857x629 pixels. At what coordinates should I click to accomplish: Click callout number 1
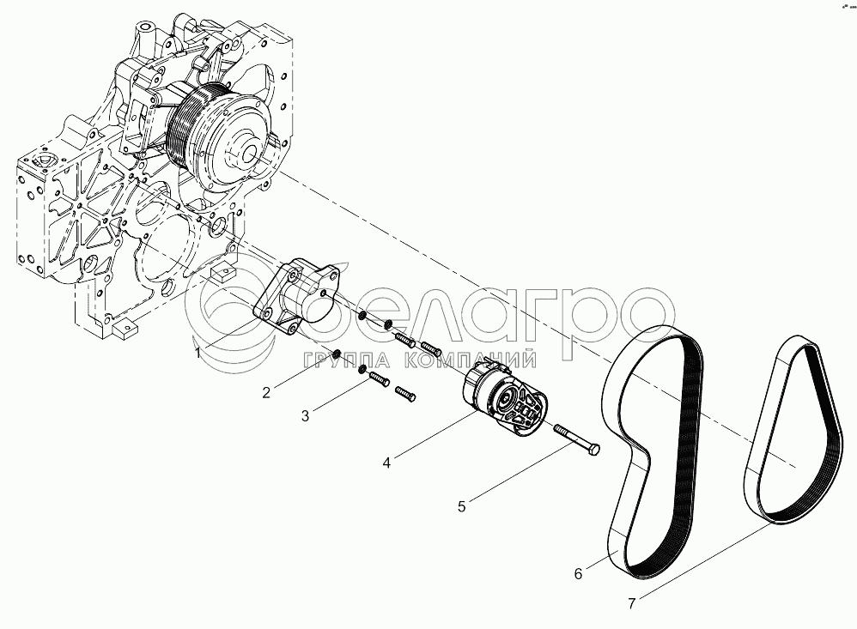coord(198,354)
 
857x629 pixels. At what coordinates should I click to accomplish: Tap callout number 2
coord(266,392)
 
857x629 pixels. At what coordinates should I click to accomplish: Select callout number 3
coord(305,416)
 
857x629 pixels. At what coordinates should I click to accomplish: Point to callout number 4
coord(387,463)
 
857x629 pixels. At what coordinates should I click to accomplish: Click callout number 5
coord(462,506)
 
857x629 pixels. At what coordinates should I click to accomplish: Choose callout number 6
coord(578,574)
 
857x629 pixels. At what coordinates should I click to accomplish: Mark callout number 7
coord(632,604)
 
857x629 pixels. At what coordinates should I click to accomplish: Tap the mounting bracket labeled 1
coord(295,296)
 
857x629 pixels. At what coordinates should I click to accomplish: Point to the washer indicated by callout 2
coord(337,354)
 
